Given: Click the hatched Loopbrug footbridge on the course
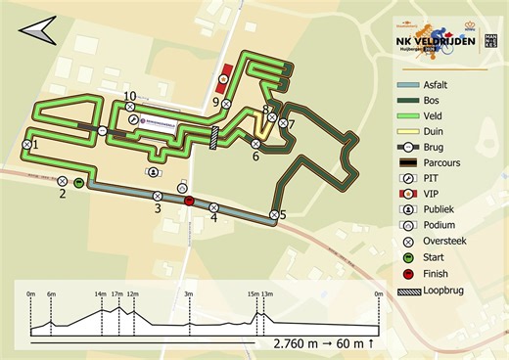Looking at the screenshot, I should click(x=214, y=138).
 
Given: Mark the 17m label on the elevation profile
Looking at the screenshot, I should click(x=116, y=293).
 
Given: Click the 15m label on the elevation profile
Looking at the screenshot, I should click(x=253, y=293).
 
